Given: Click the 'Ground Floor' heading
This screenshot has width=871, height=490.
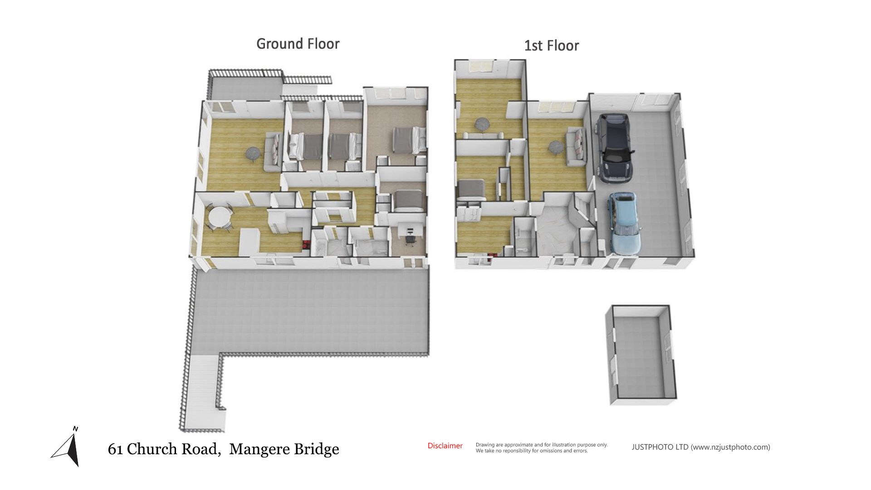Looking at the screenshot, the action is (298, 44).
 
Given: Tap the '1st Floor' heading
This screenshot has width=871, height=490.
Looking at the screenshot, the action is (552, 46).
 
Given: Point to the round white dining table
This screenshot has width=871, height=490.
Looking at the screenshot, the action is (220, 216).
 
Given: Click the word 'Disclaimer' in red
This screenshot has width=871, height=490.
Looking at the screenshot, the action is (445, 446).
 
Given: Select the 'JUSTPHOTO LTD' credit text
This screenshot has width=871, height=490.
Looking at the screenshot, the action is (660, 447).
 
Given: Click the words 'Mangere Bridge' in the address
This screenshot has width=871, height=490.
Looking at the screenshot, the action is (284, 449).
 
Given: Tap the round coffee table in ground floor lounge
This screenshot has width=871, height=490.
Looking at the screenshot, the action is (252, 154).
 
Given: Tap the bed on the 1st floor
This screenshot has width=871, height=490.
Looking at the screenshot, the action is (471, 190).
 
